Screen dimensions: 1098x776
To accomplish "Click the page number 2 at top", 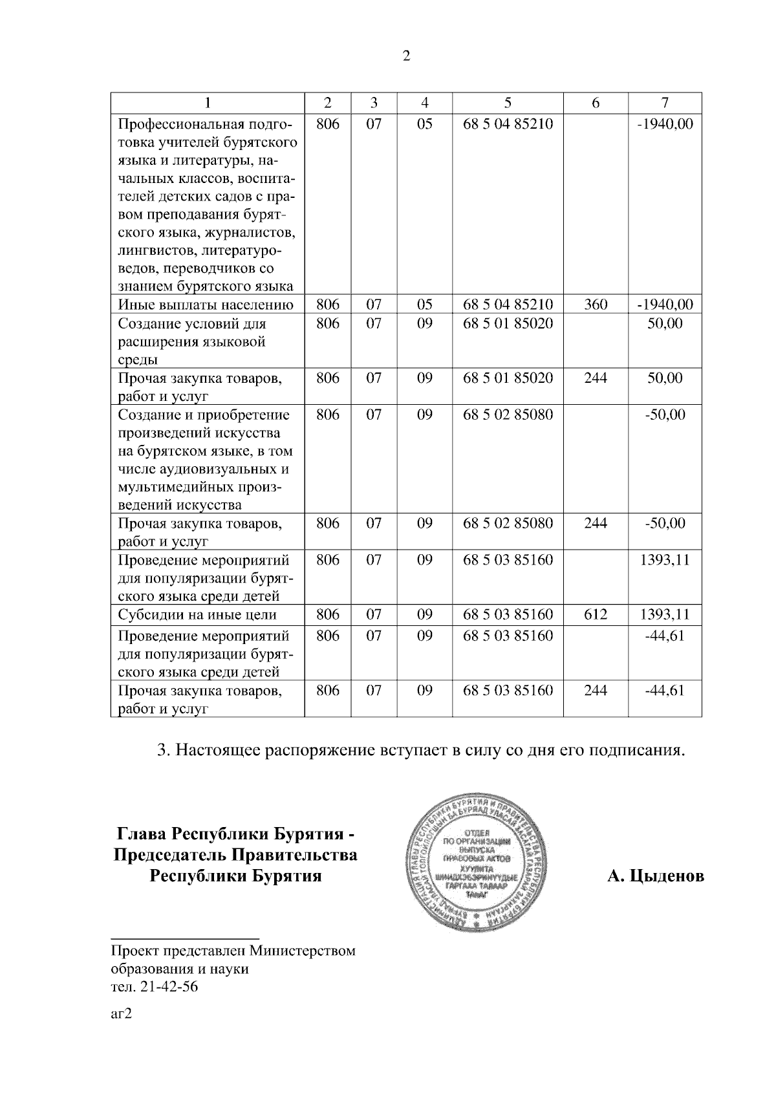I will coord(406,56).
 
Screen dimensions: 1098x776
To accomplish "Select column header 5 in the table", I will coord(508,103).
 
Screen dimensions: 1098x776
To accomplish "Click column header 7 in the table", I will coord(665,103).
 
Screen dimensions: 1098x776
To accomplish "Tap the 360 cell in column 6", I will coord(596,305).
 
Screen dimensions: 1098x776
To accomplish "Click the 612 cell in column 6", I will coord(596,614).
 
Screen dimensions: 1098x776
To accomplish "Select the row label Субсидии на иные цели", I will coord(197,615).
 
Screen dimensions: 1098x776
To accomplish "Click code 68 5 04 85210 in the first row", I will coord(508,124).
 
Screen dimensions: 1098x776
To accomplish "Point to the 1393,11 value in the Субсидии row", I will coord(665,614).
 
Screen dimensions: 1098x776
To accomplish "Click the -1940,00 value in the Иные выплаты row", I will coord(665,305).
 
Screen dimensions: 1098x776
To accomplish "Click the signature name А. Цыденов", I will coord(655,877).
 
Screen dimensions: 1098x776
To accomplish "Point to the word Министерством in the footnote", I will coord(303,952).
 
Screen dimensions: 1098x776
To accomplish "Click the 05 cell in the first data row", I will coord(424,124).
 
